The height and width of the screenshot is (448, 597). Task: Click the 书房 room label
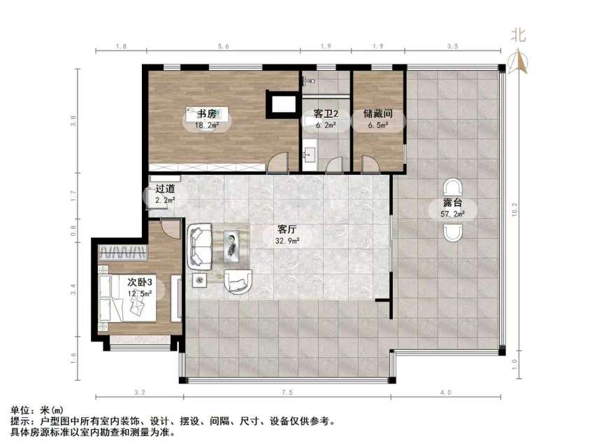(x=202, y=113)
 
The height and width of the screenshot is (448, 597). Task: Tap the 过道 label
(x=165, y=188)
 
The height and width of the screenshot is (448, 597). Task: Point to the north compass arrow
(x=518, y=61)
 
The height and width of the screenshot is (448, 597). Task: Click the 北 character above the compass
(x=518, y=35)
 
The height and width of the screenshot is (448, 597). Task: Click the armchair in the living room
(x=239, y=281)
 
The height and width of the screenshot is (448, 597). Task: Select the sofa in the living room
(x=199, y=246)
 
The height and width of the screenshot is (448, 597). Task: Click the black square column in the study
(x=282, y=104)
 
